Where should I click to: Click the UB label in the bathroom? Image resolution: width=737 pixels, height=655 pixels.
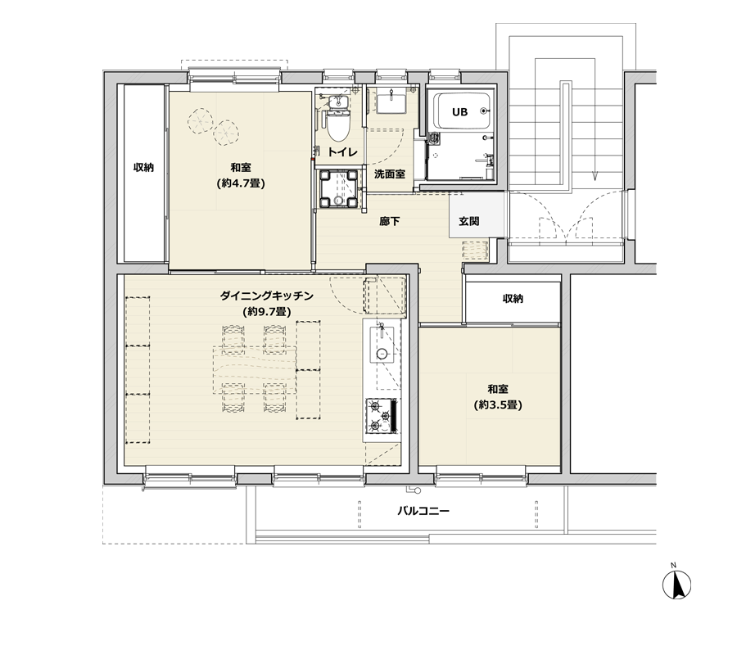tap(459, 112)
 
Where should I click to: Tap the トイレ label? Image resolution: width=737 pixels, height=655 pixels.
tap(342, 152)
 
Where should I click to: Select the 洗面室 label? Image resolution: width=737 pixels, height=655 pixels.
tap(390, 174)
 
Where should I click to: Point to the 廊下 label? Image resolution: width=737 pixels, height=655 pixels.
tap(390, 221)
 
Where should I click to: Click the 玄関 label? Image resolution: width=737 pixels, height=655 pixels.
tap(469, 221)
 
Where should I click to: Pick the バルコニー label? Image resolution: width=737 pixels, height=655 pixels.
tap(423, 511)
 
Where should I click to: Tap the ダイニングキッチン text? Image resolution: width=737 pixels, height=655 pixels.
tap(266, 296)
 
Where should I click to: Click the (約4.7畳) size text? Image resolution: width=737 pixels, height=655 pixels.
tap(241, 183)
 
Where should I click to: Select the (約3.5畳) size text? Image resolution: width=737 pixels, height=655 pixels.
tap(498, 405)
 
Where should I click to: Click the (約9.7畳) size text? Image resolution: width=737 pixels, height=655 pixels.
tap(266, 311)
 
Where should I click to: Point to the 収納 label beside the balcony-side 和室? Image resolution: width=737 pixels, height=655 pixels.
tap(513, 299)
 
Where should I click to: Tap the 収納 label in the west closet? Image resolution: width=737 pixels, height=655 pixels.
tap(143, 167)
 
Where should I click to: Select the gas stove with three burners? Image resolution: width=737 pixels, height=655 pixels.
tap(382, 416)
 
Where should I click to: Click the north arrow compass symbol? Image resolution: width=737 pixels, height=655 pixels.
tap(677, 585)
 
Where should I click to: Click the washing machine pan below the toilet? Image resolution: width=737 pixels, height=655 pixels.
tap(338, 189)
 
